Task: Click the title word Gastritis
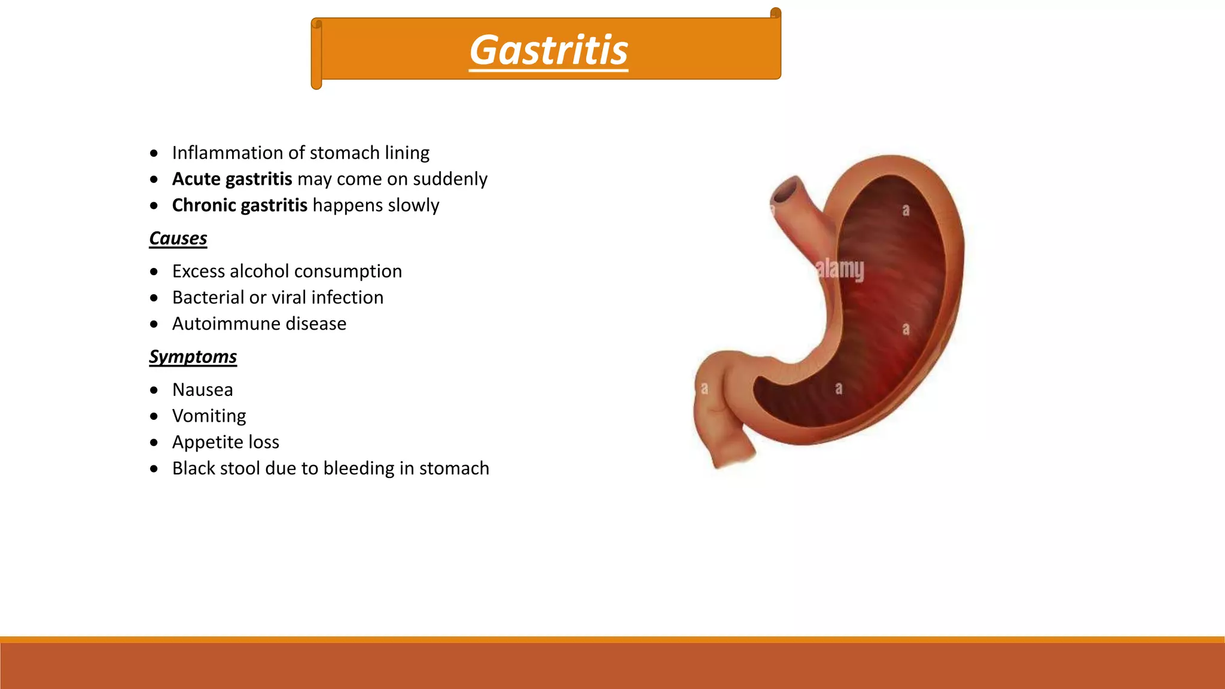(x=548, y=50)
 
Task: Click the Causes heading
(x=178, y=239)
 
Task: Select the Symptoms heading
(x=193, y=357)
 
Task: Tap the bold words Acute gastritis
(x=232, y=179)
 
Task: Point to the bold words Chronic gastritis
(x=239, y=205)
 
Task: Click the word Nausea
(x=202, y=390)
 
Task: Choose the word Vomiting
(x=209, y=416)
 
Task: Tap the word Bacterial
(x=208, y=298)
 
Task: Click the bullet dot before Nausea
(x=154, y=391)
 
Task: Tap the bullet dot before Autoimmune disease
(x=154, y=324)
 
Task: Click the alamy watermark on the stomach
(x=840, y=269)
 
